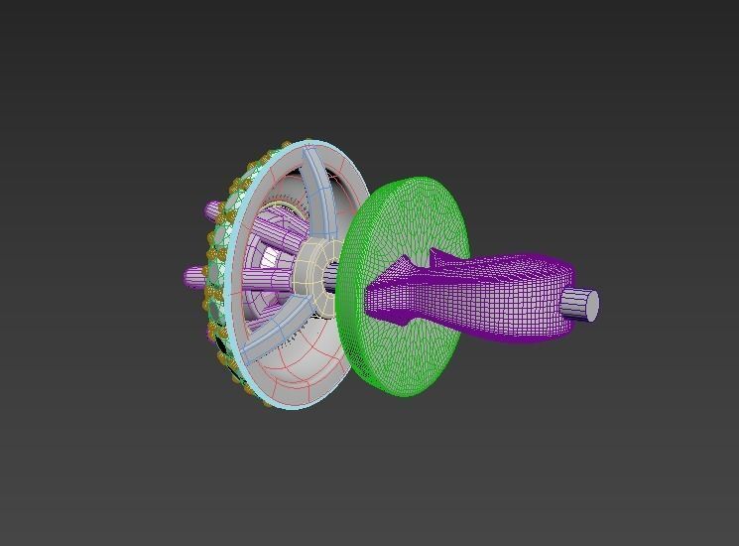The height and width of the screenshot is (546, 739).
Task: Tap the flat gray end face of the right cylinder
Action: [588, 306]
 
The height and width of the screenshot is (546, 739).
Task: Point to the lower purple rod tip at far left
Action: [190, 277]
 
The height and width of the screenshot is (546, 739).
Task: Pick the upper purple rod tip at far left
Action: [210, 210]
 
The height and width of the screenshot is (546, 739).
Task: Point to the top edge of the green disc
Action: [417, 180]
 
